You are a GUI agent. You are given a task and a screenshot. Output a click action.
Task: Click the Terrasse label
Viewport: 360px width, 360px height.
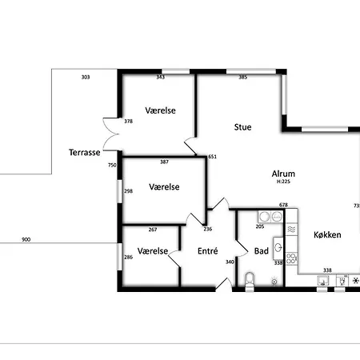click(85, 152)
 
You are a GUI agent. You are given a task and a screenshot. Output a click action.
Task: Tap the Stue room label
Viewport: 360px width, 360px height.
click(243, 126)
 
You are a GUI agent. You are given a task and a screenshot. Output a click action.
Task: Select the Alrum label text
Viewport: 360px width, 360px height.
click(283, 173)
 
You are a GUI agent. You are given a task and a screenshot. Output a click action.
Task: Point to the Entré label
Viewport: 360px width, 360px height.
click(207, 250)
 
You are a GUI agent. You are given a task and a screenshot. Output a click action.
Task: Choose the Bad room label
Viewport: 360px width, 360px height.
click(262, 250)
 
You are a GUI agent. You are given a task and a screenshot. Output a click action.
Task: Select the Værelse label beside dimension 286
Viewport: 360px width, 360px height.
click(153, 250)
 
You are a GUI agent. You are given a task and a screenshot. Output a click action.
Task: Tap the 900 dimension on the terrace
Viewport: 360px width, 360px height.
click(26, 239)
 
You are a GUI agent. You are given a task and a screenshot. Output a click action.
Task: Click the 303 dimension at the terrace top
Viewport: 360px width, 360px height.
click(86, 77)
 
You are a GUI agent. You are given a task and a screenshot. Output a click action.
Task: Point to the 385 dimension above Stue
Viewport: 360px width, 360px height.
click(242, 77)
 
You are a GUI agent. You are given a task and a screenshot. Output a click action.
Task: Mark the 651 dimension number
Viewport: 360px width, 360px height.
click(212, 157)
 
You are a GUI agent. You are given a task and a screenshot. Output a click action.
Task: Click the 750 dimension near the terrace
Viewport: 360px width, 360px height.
click(112, 165)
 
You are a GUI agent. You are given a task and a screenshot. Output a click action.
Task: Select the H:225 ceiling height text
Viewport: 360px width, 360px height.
click(283, 182)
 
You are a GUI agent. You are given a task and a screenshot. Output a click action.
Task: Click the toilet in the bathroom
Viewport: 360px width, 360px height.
click(249, 279)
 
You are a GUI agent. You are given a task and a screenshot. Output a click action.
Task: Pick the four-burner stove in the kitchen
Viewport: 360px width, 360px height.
click(292, 258)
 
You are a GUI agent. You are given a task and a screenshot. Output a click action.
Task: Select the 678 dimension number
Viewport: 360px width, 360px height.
click(283, 205)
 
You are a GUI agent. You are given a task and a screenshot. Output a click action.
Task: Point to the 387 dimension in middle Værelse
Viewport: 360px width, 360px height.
click(164, 162)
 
